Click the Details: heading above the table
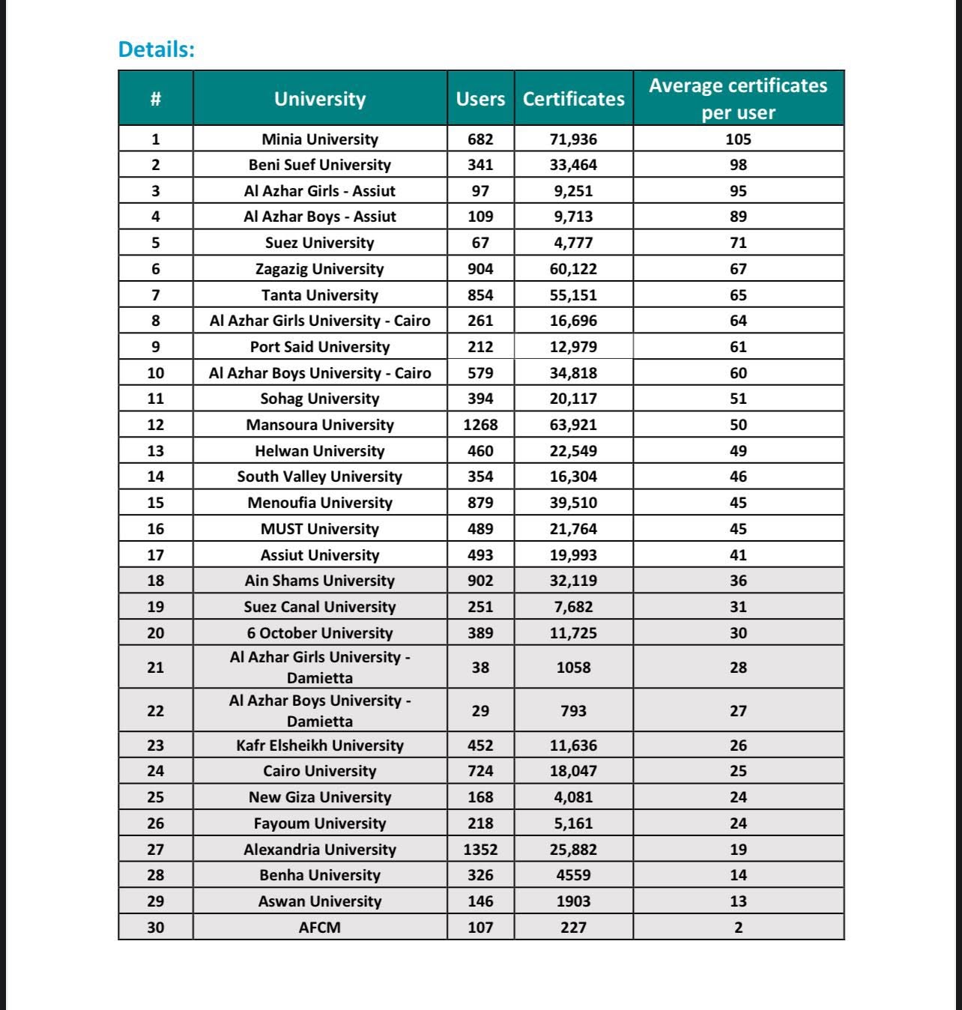(x=157, y=49)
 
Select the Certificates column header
(x=573, y=99)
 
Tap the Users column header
(x=480, y=99)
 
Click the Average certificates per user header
(x=738, y=98)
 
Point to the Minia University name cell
(x=320, y=139)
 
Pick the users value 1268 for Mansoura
(x=480, y=425)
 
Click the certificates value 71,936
(x=573, y=139)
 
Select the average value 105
(x=738, y=139)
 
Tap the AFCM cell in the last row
(x=320, y=928)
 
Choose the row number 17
(x=155, y=555)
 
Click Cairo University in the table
(x=320, y=771)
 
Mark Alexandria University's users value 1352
(x=480, y=850)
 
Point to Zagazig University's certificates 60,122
(x=573, y=269)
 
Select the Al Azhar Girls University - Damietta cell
(x=320, y=667)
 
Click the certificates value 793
(x=573, y=711)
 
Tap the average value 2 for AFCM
(x=738, y=928)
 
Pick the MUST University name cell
(x=320, y=529)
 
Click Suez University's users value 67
(x=480, y=243)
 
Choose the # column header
(x=155, y=99)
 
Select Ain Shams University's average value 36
(x=738, y=581)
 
